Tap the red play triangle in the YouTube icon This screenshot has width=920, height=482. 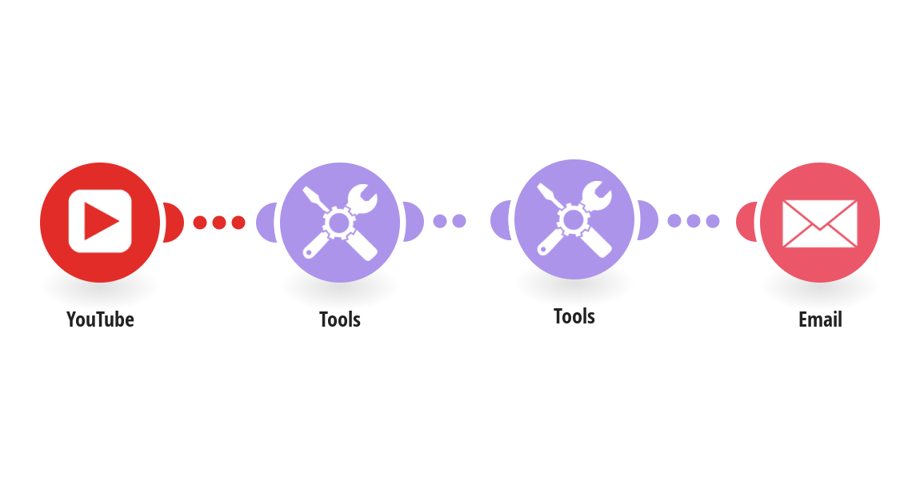(x=102, y=222)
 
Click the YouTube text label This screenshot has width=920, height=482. (x=100, y=319)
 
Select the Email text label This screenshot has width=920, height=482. (x=820, y=319)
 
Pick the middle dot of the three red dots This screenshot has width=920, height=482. (x=219, y=223)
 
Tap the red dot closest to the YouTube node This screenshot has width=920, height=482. (x=200, y=223)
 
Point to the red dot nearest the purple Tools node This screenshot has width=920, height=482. (x=238, y=223)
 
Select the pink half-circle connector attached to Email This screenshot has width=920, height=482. (x=746, y=222)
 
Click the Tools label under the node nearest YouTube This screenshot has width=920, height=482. (x=340, y=319)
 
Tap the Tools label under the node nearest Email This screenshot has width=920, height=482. (x=574, y=315)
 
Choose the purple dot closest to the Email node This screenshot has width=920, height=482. (x=712, y=220)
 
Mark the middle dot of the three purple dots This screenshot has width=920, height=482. (x=694, y=220)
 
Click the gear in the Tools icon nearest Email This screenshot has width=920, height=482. (x=574, y=218)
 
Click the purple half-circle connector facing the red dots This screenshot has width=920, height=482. (x=266, y=222)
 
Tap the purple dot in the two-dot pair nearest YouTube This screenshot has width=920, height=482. (x=439, y=221)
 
